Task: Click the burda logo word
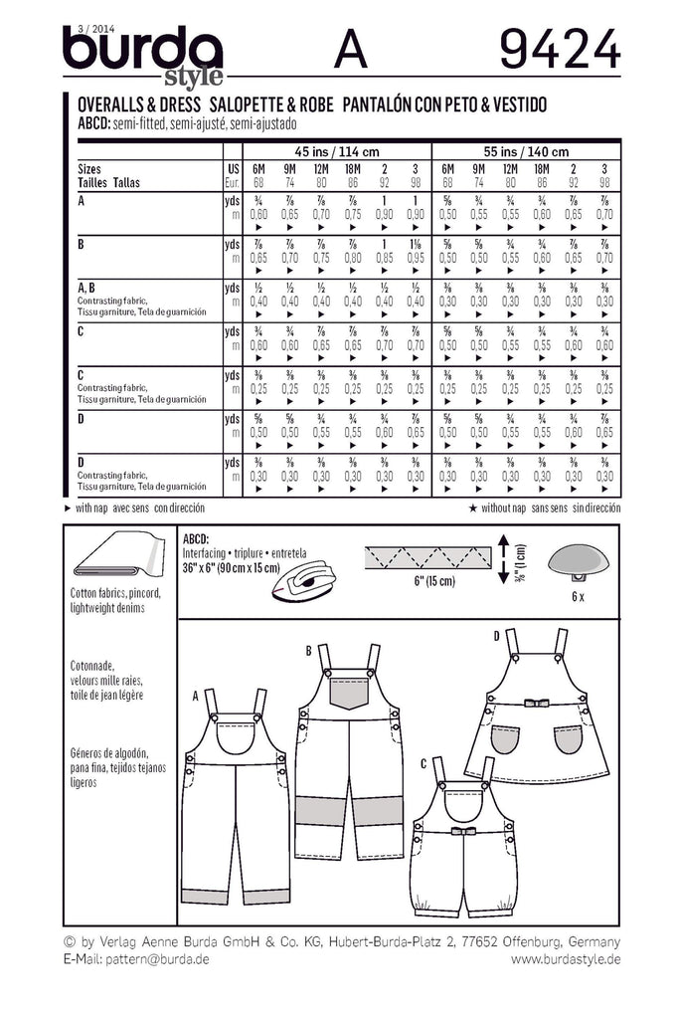142,50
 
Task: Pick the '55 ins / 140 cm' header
526,152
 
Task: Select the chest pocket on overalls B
348,691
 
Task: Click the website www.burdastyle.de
567,958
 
